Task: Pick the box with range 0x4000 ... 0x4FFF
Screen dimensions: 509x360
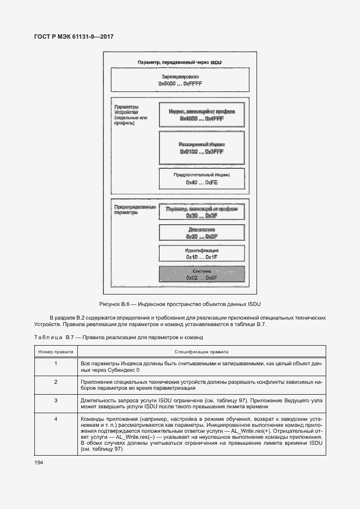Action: tap(202, 115)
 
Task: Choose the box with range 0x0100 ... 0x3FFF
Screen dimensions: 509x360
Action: tap(202, 148)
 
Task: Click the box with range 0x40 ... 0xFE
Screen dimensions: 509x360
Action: tap(202, 179)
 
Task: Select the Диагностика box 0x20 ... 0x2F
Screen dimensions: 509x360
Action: tap(202, 233)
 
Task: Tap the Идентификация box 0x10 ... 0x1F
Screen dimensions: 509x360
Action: tap(202, 253)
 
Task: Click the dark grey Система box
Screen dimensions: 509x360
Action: tap(202, 274)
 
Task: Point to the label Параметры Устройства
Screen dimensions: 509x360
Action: tap(130, 115)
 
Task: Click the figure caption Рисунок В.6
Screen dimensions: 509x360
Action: tap(180, 303)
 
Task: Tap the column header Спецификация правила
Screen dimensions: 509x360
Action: tap(201, 352)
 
